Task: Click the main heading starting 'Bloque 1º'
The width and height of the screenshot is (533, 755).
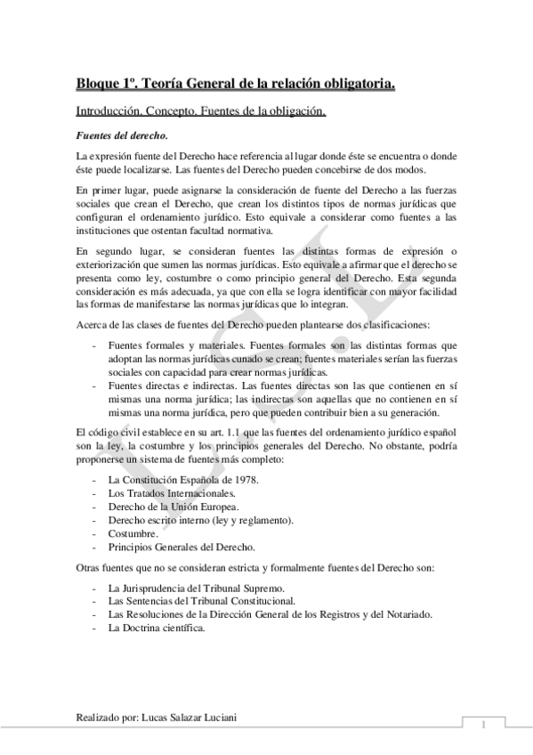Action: pyautogui.click(x=236, y=85)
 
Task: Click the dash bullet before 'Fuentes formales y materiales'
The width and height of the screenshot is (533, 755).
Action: pyautogui.click(x=94, y=345)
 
